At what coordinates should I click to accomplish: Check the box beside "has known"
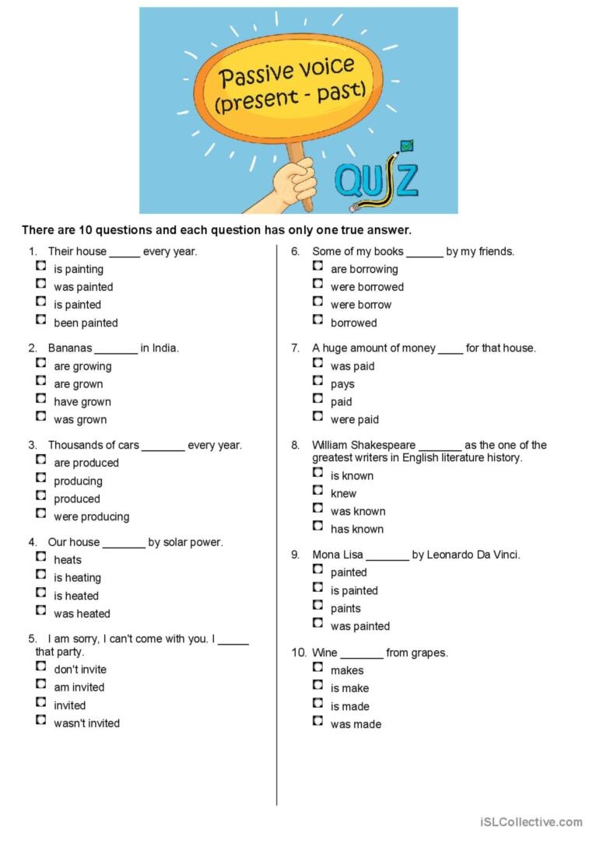click(x=317, y=526)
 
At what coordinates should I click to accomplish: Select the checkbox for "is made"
click(x=317, y=704)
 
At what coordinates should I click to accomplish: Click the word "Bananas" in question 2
click(x=70, y=348)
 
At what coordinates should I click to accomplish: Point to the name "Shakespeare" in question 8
click(x=386, y=446)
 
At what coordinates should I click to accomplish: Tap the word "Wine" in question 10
click(x=324, y=653)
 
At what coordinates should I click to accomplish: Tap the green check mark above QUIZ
click(x=406, y=145)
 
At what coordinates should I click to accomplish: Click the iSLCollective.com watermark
click(x=531, y=822)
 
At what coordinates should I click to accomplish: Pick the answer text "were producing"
click(x=91, y=517)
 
